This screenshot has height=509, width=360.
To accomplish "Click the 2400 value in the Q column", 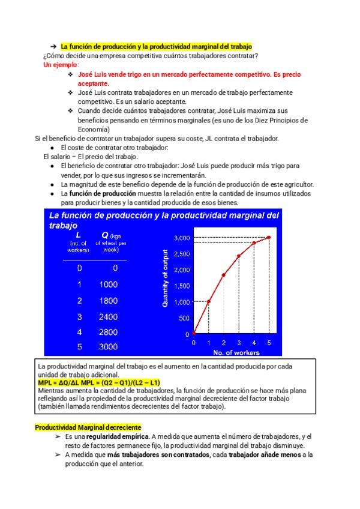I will point(109,316).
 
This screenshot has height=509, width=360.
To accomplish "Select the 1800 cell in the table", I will point(109,301).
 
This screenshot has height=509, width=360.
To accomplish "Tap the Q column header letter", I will point(105,235).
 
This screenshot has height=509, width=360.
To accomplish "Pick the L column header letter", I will point(79,235).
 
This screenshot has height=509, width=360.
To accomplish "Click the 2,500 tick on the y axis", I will point(182,254).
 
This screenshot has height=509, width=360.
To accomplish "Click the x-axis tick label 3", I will point(239,343).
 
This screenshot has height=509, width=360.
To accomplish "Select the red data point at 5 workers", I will point(269,238).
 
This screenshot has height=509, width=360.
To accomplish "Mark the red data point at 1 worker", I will point(209,301).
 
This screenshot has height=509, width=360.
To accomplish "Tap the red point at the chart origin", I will point(194,334).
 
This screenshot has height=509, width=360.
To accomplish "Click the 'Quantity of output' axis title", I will point(165,279).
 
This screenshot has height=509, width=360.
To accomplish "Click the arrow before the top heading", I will point(53,47).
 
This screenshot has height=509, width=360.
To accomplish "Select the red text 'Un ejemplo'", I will point(61,65).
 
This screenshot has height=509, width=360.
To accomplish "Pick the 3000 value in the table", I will point(109,347).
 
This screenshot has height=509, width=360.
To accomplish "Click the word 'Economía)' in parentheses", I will point(94,129).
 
